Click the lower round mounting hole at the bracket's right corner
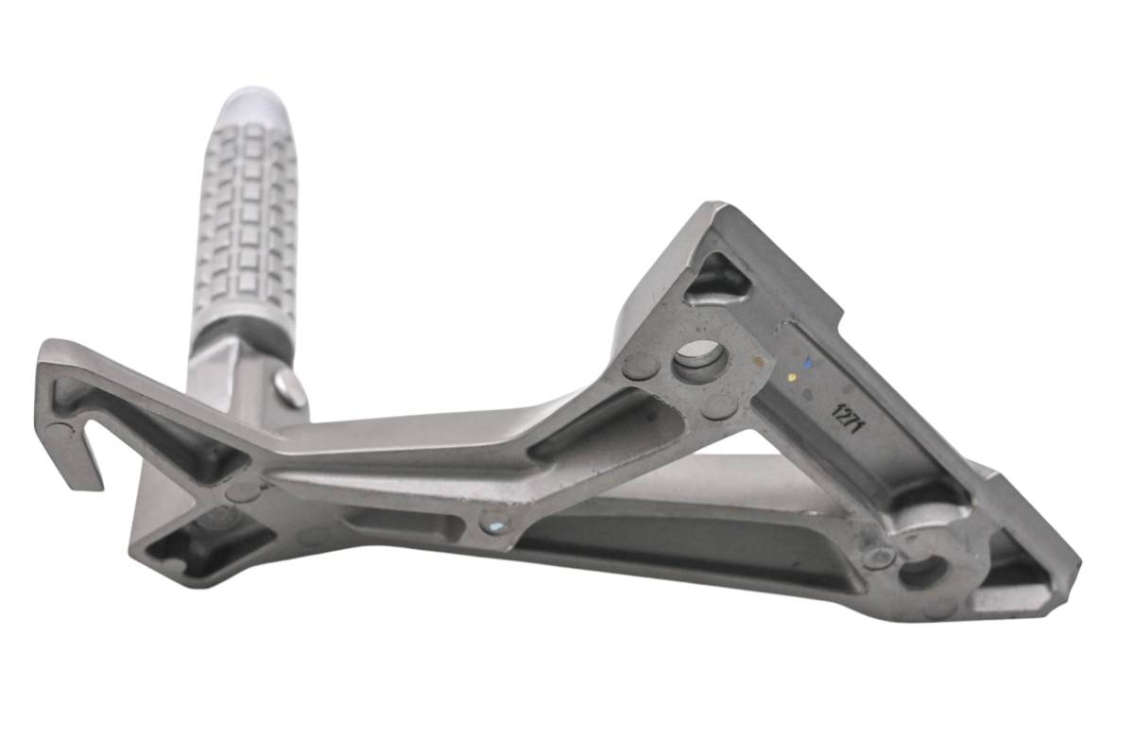click(924, 572)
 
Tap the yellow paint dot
click(792, 378)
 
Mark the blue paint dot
click(807, 364)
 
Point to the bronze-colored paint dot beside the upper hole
click(758, 362)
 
